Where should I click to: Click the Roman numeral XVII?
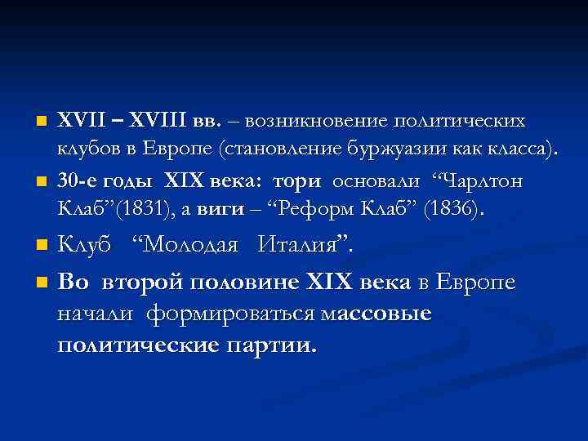(x=80, y=122)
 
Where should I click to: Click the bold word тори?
(x=296, y=180)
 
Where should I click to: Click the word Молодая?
(x=189, y=243)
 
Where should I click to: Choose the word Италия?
(x=305, y=243)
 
